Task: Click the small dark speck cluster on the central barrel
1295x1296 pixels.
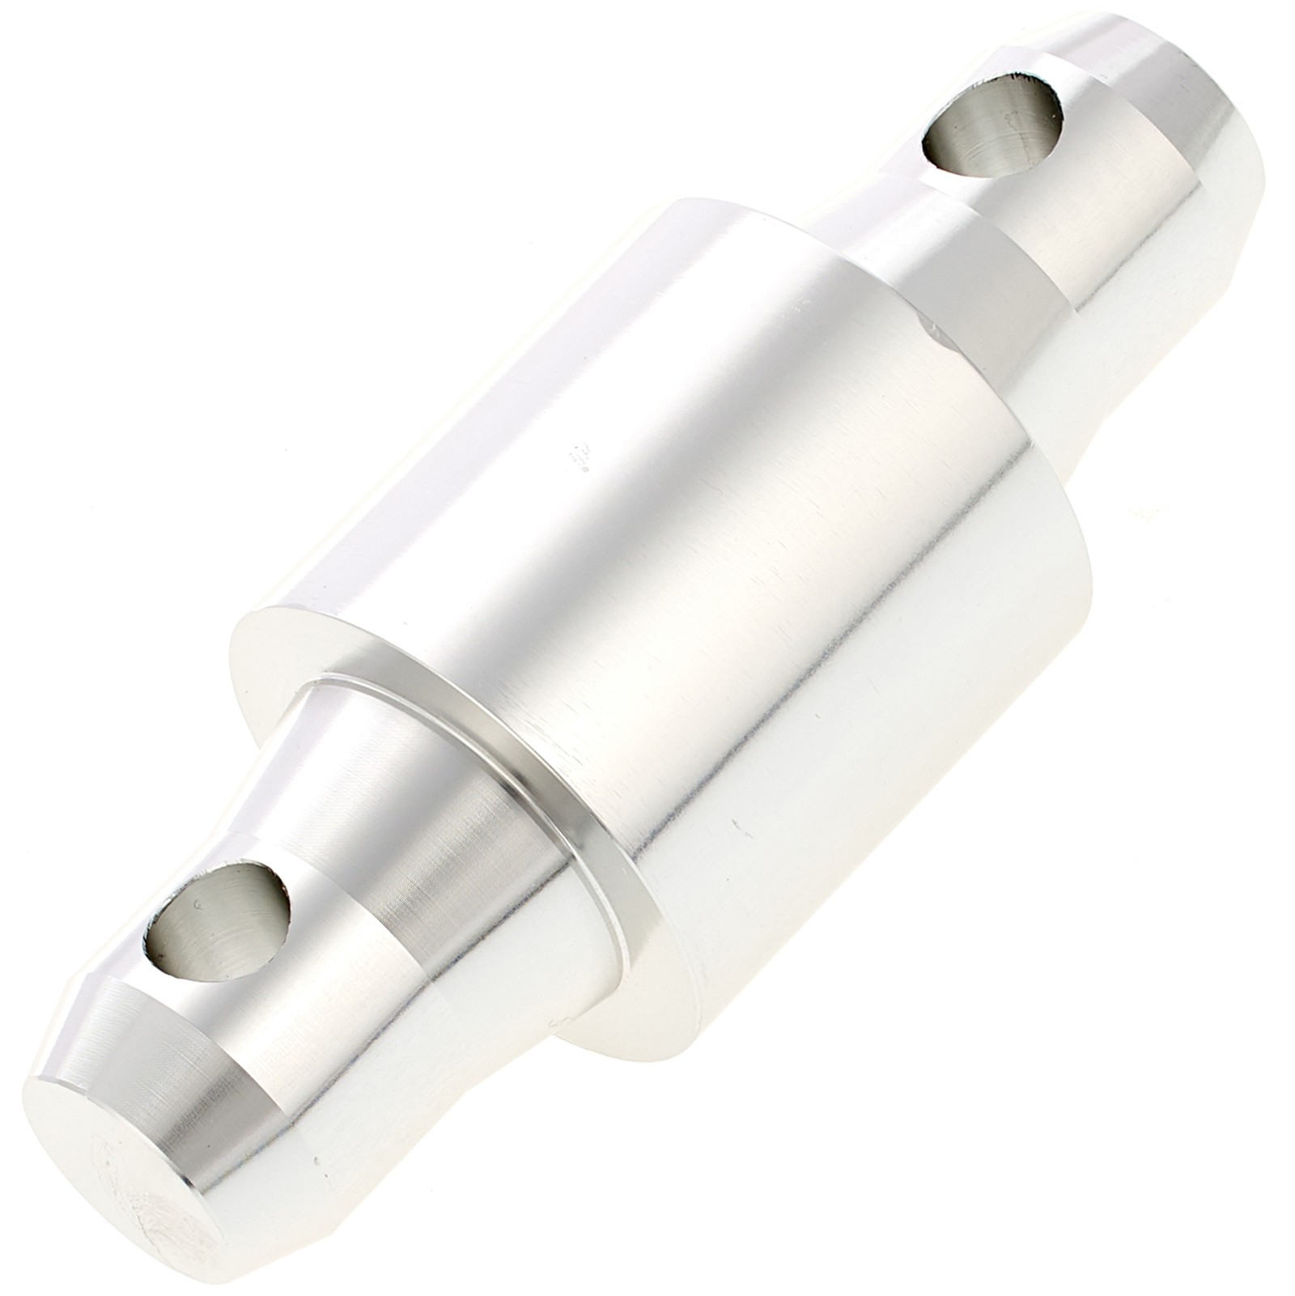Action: click(x=580, y=457)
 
